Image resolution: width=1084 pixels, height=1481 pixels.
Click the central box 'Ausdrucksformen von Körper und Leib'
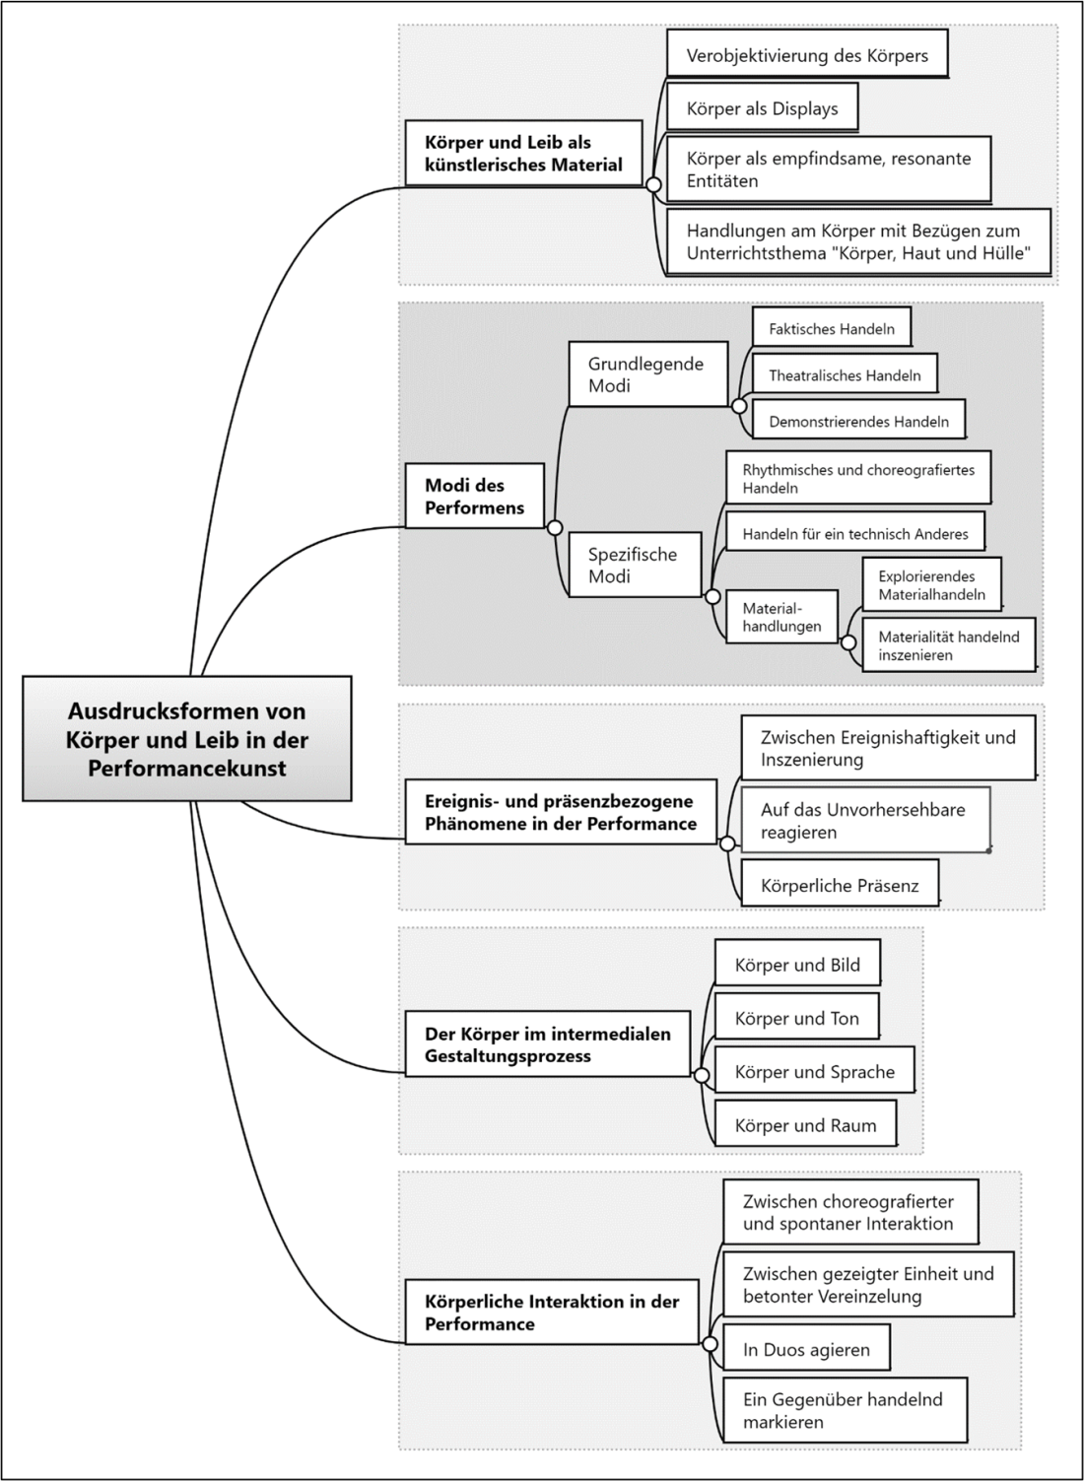click(187, 738)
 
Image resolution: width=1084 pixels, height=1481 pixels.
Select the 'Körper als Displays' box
click(762, 108)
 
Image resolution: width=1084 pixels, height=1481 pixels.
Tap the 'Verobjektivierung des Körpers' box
click(807, 55)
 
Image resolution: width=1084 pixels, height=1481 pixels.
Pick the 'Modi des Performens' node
click(474, 496)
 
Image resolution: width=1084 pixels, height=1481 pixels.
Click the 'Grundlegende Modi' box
click(647, 374)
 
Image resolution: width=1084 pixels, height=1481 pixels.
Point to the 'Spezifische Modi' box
click(635, 565)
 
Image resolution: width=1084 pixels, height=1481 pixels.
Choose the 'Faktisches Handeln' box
click(831, 328)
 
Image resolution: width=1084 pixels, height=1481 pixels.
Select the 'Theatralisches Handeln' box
click(845, 374)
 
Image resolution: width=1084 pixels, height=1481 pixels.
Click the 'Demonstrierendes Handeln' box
click(858, 421)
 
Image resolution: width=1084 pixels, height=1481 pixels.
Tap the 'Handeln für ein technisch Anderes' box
click(854, 533)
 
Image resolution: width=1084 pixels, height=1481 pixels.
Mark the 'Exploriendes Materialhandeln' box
click(931, 584)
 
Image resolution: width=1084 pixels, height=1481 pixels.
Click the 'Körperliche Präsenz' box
click(840, 885)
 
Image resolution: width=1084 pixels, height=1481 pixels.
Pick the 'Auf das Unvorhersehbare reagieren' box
click(865, 820)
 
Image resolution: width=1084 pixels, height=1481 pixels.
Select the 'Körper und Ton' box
click(796, 1018)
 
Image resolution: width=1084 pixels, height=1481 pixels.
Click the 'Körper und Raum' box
click(805, 1125)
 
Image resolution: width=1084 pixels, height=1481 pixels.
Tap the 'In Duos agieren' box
click(806, 1349)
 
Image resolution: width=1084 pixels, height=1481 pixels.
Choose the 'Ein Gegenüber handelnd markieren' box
click(845, 1410)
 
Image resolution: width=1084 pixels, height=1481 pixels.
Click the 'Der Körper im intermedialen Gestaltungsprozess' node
click(547, 1044)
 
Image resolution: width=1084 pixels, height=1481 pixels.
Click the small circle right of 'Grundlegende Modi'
click(739, 406)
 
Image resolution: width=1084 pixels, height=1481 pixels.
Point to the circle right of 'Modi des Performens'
click(555, 528)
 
